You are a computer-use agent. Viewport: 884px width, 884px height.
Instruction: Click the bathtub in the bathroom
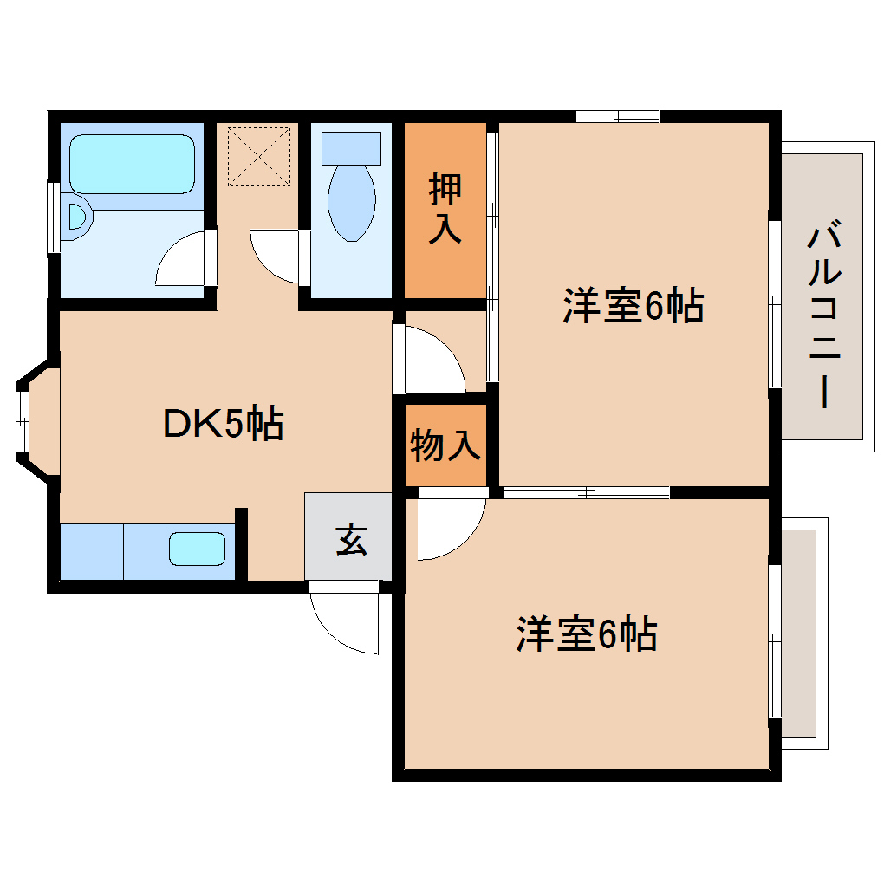(x=132, y=164)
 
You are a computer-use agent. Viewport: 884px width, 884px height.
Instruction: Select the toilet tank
(x=351, y=147)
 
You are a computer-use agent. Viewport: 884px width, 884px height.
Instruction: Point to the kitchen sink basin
(x=197, y=549)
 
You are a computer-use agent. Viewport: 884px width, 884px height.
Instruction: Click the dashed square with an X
(x=258, y=156)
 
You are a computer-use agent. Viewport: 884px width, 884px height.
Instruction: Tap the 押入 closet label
(x=445, y=210)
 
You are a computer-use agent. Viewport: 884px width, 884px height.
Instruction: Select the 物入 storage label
(x=445, y=445)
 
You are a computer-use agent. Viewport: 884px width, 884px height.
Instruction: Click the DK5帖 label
(x=223, y=424)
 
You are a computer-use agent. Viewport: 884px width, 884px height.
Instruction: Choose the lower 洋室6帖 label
(x=587, y=635)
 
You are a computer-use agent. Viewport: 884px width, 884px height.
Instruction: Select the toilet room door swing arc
(x=275, y=257)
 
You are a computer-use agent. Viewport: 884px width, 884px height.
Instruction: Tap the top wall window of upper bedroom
(x=618, y=116)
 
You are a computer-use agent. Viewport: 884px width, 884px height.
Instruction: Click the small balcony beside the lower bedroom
(x=803, y=634)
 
